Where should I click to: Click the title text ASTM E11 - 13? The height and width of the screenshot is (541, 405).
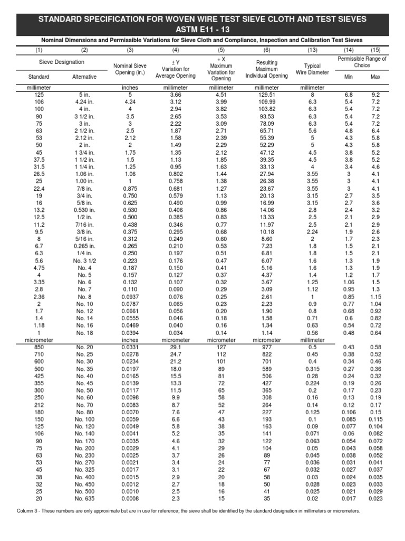(202, 29)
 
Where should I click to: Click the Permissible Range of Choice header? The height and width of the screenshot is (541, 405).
(362, 62)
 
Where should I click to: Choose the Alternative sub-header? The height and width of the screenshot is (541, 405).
(84, 77)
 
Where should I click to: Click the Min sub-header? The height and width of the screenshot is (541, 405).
(348, 77)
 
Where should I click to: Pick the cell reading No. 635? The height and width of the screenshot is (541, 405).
(84, 498)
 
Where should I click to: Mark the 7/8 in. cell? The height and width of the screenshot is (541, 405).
(84, 188)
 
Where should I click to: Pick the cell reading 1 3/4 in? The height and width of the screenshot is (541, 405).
(84, 152)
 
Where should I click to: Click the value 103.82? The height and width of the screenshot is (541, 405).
(267, 109)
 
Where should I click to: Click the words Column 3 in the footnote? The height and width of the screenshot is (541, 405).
(31, 511)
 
